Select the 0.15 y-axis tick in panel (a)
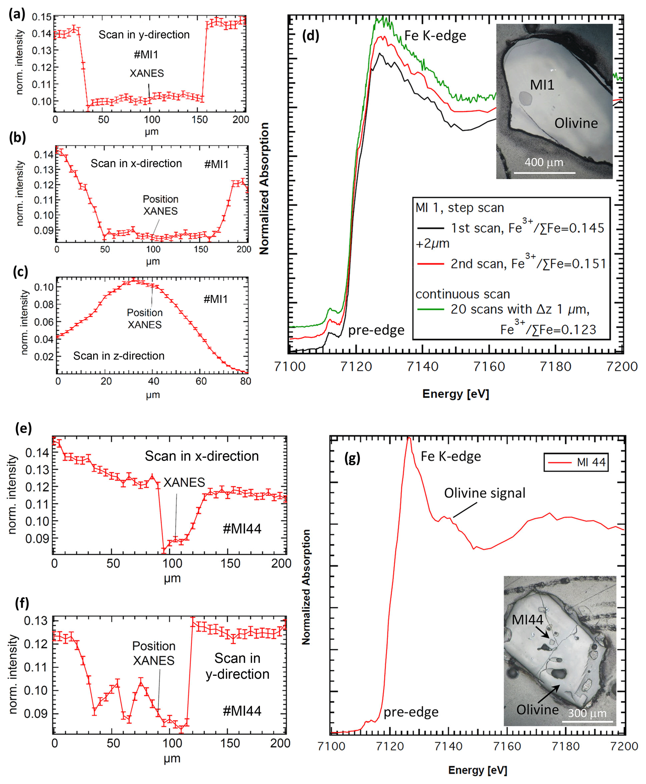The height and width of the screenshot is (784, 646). tap(41, 17)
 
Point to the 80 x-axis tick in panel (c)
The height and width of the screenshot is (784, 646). tap(245, 381)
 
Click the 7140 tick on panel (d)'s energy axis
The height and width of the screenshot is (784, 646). tap(422, 367)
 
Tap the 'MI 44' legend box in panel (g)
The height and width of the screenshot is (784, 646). tap(576, 462)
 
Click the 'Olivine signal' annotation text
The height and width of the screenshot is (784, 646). tap(484, 493)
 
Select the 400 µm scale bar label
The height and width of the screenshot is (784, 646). tap(544, 162)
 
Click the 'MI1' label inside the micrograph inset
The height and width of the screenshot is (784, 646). tap(542, 85)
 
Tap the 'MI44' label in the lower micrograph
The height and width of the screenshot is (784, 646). tap(527, 620)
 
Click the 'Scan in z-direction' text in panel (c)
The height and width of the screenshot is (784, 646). tap(119, 356)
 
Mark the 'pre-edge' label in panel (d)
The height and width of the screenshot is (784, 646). tap(376, 330)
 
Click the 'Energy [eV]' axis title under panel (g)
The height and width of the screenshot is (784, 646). tap(478, 770)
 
